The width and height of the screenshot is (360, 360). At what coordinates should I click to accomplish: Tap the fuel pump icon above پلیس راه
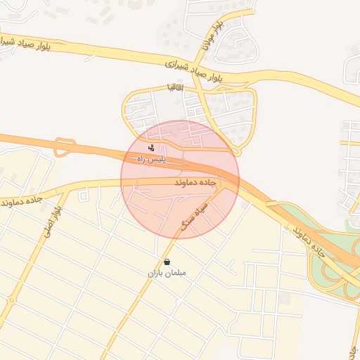tap(153, 148)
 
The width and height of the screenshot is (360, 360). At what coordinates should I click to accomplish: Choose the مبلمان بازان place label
tap(167, 272)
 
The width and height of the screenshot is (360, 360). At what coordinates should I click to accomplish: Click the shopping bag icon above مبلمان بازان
tap(167, 262)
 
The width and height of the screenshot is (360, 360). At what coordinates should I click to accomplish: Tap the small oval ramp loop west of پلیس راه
tap(64, 146)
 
